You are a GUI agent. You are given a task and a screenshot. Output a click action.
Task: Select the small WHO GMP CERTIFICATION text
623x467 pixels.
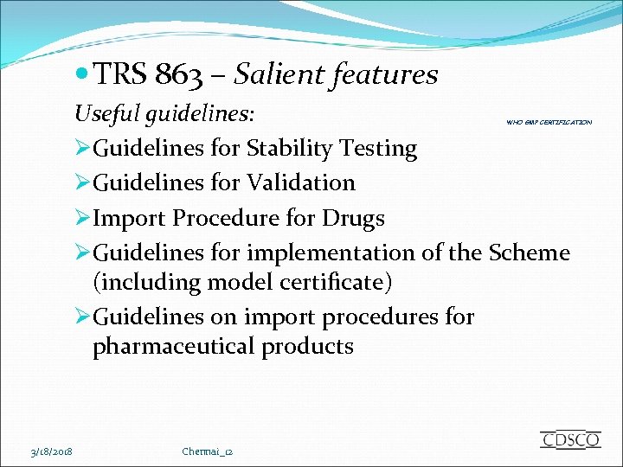pyautogui.click(x=549, y=123)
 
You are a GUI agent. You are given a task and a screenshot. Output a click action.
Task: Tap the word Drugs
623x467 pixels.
pyautogui.click(x=353, y=218)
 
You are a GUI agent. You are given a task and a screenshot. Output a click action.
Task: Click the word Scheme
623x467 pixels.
pyautogui.click(x=530, y=253)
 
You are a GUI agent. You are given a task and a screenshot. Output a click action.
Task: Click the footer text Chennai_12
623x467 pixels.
pyautogui.click(x=209, y=451)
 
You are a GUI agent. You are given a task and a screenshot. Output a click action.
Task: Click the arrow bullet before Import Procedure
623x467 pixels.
pyautogui.click(x=83, y=218)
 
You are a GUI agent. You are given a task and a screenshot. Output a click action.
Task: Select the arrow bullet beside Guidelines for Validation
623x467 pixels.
pyautogui.click(x=83, y=183)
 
